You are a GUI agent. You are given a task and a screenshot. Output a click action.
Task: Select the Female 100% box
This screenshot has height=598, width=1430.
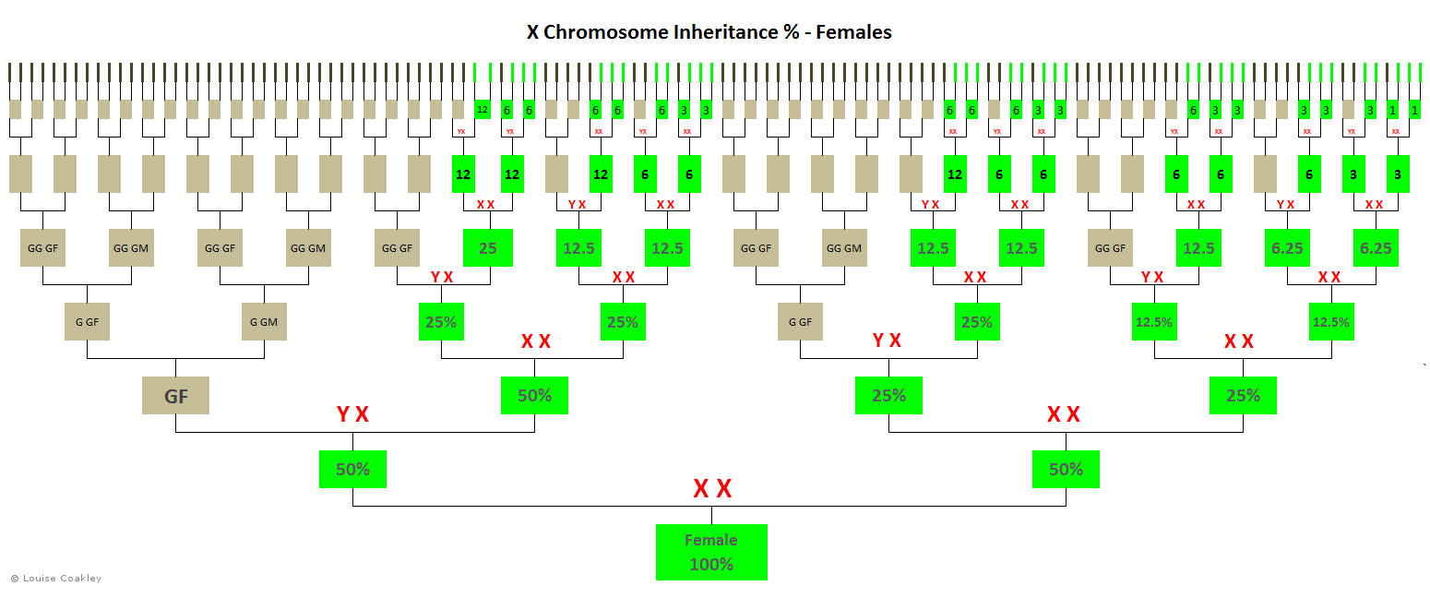click(x=711, y=552)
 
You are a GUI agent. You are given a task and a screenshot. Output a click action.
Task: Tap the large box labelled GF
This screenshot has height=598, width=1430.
click(x=175, y=396)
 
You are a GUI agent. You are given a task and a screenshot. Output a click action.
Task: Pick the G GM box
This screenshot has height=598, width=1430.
click(x=264, y=322)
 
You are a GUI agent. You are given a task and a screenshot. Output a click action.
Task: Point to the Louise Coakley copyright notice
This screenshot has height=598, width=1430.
click(x=56, y=579)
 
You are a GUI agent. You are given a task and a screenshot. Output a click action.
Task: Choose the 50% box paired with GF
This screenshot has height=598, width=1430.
click(x=534, y=396)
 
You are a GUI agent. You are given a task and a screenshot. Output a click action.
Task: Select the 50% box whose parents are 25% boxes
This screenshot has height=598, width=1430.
click(x=1066, y=469)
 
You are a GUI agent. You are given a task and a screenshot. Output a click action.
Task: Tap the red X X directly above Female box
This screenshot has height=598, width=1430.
click(x=711, y=489)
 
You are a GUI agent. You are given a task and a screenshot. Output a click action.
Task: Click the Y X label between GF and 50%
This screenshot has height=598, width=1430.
click(x=352, y=414)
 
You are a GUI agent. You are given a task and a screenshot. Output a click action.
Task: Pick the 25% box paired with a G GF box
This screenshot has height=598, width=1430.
click(x=977, y=322)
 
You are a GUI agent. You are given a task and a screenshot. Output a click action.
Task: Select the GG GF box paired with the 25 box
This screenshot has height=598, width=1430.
click(x=397, y=248)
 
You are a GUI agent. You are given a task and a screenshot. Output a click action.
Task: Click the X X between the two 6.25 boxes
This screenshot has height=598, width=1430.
click(x=1329, y=277)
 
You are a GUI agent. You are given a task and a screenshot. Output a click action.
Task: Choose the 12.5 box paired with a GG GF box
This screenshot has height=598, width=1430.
click(x=1198, y=248)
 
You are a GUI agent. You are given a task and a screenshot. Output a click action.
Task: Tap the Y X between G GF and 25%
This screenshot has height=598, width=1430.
click(x=887, y=341)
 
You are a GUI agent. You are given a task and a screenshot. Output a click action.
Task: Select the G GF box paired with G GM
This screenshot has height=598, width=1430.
click(x=87, y=322)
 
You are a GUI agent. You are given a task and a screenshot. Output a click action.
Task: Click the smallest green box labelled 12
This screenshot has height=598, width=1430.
click(x=482, y=110)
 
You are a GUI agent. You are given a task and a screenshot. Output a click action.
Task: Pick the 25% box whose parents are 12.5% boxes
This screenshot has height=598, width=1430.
click(x=1243, y=396)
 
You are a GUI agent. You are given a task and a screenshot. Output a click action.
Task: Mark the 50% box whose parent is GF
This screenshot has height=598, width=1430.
click(x=352, y=469)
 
